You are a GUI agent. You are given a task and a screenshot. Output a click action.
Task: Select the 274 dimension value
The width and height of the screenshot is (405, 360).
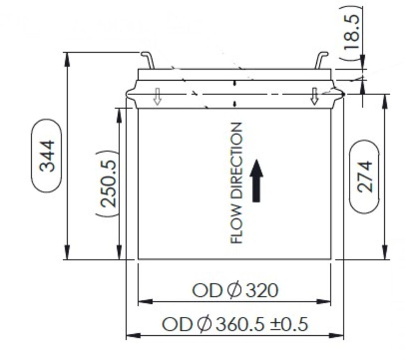[364, 177]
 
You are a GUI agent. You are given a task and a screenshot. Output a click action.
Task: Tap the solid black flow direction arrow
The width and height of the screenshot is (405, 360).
[256, 181]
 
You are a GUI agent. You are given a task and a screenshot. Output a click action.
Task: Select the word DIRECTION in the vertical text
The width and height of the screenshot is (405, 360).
[237, 166]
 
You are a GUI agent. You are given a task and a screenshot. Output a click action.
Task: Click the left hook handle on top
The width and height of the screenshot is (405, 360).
[148, 60]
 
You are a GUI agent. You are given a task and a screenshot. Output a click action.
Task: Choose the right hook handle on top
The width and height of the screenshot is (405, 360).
[321, 60]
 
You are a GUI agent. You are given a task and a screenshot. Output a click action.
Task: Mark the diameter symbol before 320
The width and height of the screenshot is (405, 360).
[235, 290]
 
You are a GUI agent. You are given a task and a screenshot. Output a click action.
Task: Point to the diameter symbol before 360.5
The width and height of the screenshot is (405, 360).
[205, 324]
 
